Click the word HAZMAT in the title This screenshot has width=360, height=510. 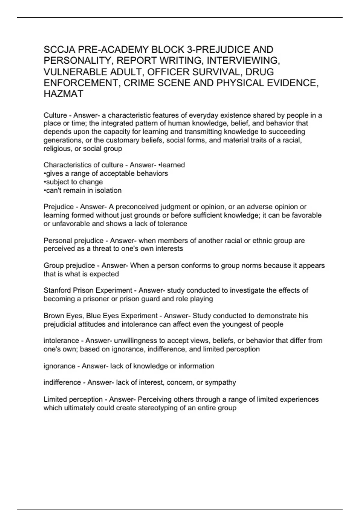click(63, 94)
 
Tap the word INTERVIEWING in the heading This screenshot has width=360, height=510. click(243, 61)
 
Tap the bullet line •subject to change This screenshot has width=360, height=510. click(73, 182)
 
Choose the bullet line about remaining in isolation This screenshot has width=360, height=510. click(82, 190)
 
